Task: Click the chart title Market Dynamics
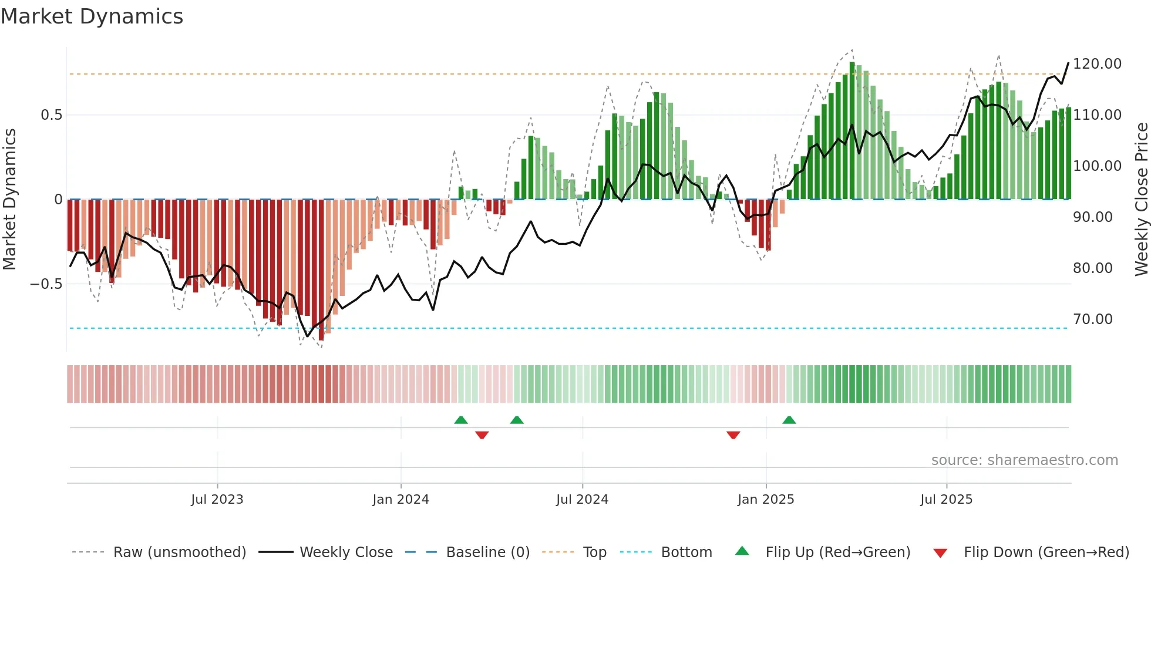tap(92, 16)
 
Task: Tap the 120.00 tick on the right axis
tap(1097, 63)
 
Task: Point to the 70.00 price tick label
tap(1092, 319)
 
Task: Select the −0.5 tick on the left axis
tap(46, 284)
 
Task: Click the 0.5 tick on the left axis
tap(51, 115)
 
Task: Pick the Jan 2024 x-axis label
tap(401, 500)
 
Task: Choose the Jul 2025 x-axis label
tap(946, 500)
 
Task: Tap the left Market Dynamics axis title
tap(9, 200)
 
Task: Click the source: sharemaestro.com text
tap(1024, 460)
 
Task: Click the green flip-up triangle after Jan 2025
tap(789, 420)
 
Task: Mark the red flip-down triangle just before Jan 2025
tap(733, 435)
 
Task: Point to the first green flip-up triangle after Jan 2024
tap(461, 420)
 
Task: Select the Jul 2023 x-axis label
tap(217, 500)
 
